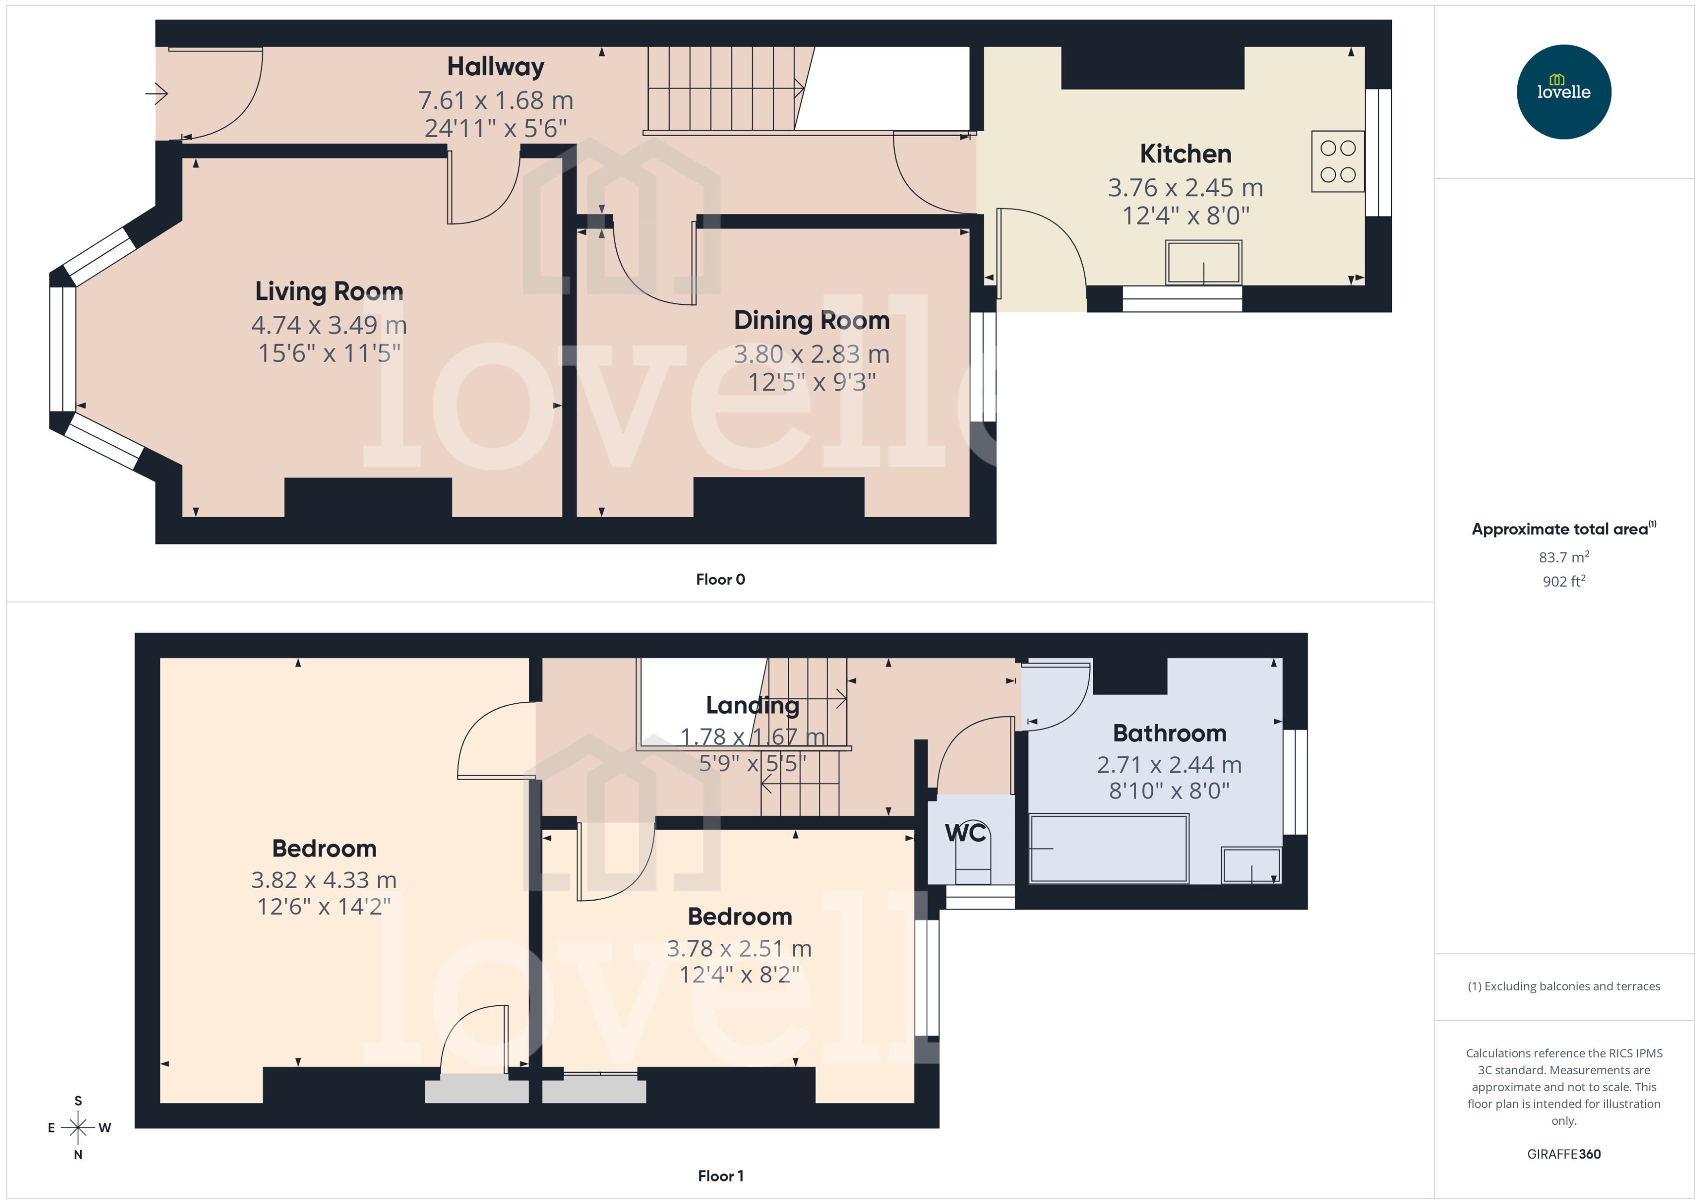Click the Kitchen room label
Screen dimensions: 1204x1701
[x=1185, y=154]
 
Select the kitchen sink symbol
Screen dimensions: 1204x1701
[x=1203, y=262]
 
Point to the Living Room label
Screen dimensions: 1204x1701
[x=329, y=291]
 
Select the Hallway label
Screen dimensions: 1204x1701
[x=495, y=67]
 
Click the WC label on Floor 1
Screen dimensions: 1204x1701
[x=965, y=833]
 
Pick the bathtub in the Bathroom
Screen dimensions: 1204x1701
[x=1109, y=848]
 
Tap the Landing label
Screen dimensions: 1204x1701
[x=752, y=705]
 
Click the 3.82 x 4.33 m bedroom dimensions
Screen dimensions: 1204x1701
[x=324, y=880]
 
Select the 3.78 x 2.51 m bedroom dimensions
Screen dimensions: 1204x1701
[x=739, y=948]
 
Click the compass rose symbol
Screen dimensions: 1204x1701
[x=78, y=1128]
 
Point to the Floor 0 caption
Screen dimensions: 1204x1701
[x=720, y=580]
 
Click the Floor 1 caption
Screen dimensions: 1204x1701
[x=720, y=1176]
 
